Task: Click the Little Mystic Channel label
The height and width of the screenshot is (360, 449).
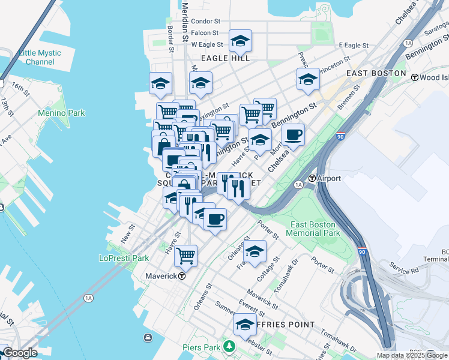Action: click(x=40, y=58)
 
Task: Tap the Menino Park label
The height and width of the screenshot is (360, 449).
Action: click(x=61, y=113)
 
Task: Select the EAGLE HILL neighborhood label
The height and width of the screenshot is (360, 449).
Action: click(x=225, y=58)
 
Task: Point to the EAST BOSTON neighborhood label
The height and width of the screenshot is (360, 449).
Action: click(x=376, y=73)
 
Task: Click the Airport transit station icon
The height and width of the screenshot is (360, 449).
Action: click(x=312, y=178)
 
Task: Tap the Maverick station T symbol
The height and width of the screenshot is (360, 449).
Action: click(x=181, y=277)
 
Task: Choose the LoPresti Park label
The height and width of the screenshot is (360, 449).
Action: click(x=123, y=259)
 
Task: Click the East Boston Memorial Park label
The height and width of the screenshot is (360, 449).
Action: click(x=315, y=229)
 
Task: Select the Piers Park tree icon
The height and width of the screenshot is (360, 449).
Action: click(x=228, y=347)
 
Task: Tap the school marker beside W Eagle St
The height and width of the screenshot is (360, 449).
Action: click(x=240, y=41)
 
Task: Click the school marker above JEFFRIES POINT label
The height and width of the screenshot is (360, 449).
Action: click(x=245, y=325)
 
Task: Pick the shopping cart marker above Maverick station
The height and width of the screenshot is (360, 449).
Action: click(x=185, y=255)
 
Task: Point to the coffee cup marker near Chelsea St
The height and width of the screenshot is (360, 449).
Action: click(x=293, y=135)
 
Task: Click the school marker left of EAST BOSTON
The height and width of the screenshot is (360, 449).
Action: click(x=308, y=79)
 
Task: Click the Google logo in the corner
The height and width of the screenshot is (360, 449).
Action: click(x=20, y=353)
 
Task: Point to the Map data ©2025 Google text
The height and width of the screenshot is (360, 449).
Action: click(x=412, y=355)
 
